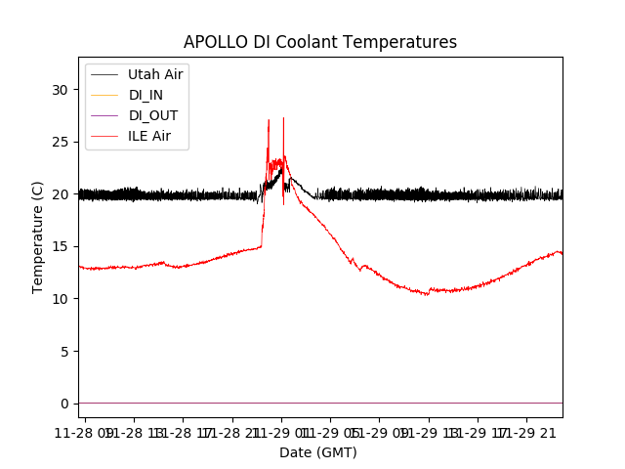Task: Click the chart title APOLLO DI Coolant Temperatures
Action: click(x=320, y=42)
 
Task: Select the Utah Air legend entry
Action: click(x=155, y=74)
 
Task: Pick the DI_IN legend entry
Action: click(x=146, y=95)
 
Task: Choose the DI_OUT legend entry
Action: click(x=153, y=115)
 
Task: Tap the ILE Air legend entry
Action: click(x=149, y=136)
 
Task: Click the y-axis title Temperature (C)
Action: click(x=38, y=236)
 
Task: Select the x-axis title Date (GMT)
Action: click(x=318, y=452)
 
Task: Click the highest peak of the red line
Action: click(x=283, y=118)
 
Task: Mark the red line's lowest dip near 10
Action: click(x=427, y=294)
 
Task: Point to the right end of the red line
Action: click(x=562, y=253)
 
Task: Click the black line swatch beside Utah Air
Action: click(x=105, y=74)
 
